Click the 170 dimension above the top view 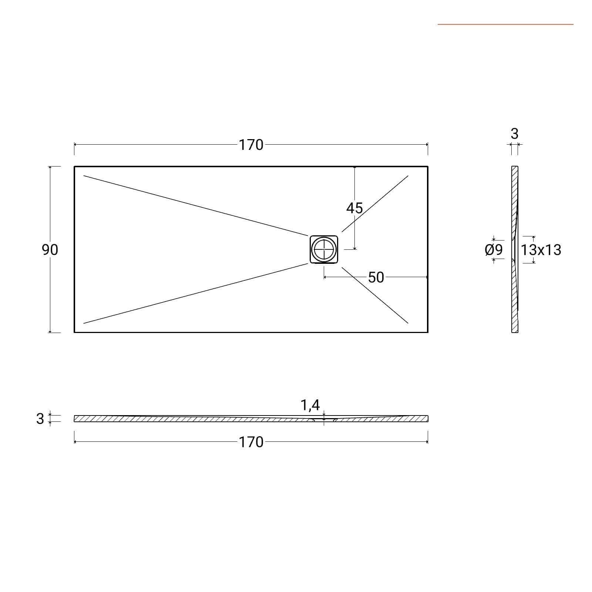pyautogui.click(x=251, y=145)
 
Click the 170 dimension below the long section pyautogui.click(x=251, y=442)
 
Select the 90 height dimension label pyautogui.click(x=50, y=250)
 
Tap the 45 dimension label pyautogui.click(x=354, y=208)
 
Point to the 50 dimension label pyautogui.click(x=376, y=277)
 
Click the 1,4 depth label pyautogui.click(x=310, y=406)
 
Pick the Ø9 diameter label pyautogui.click(x=494, y=250)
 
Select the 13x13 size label pyautogui.click(x=541, y=250)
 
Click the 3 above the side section pyautogui.click(x=514, y=134)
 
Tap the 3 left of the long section pyautogui.click(x=40, y=419)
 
